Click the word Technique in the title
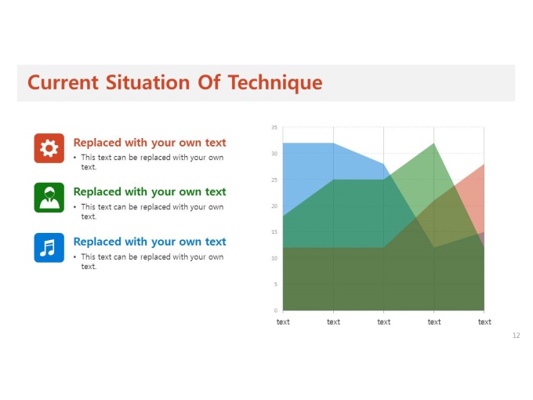pos(275,82)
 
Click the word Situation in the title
pos(148,82)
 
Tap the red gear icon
pos(49,148)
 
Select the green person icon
pos(49,198)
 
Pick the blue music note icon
pos(49,248)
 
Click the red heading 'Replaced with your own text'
pos(150,143)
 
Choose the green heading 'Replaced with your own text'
pos(150,192)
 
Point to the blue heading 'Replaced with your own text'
pos(150,242)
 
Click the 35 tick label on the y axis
pos(274,128)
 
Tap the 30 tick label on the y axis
pos(274,154)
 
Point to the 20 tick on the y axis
pos(274,205)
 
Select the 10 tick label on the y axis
pos(274,258)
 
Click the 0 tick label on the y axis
pos(276,311)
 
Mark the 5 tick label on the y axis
pos(276,285)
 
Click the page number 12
pos(516,336)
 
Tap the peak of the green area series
pos(434,144)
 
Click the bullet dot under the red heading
pos(74,158)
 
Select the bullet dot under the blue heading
pos(74,256)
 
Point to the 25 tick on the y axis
pos(274,180)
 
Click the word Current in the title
pos(63,82)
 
